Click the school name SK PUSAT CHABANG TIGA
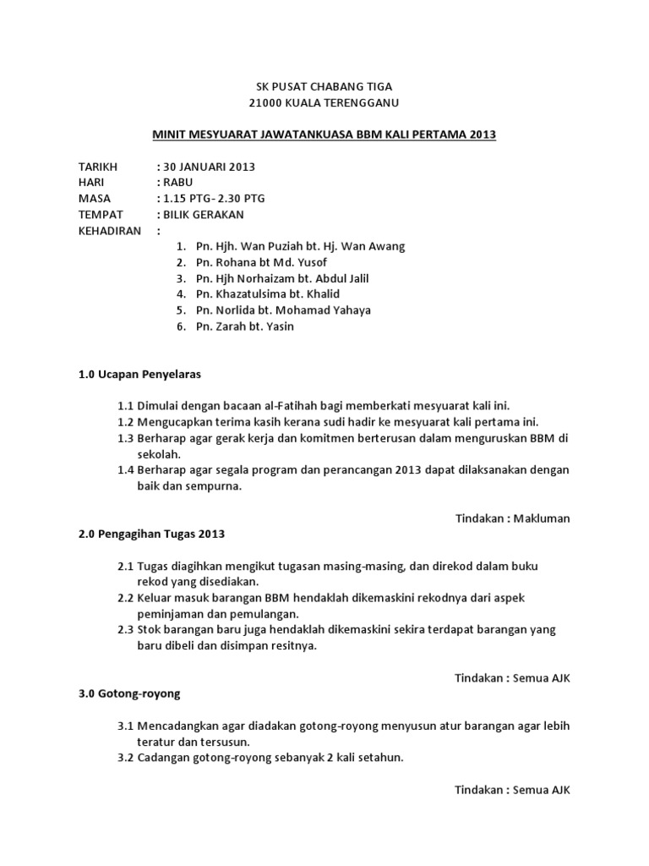click(324, 87)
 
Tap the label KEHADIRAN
click(109, 231)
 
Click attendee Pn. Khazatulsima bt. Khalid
click(267, 294)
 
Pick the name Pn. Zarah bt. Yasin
click(244, 326)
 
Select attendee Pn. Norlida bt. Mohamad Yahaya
click(282, 310)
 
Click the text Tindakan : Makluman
click(513, 518)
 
